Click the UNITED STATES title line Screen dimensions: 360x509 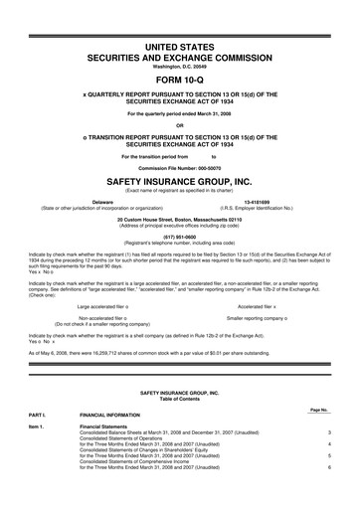[180, 47]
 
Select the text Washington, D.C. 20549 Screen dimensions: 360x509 [180, 67]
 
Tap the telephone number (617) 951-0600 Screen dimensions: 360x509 [180, 238]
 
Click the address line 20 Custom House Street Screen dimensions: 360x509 [180, 219]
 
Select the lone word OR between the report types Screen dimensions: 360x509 [180, 124]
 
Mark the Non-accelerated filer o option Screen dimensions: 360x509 [108, 318]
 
